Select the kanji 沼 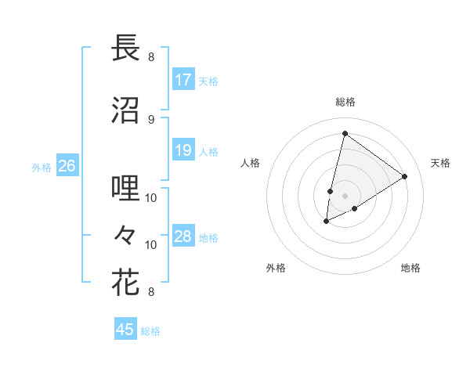click(x=125, y=110)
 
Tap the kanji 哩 click(x=125, y=188)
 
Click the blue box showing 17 click(x=183, y=80)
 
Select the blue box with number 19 click(x=183, y=150)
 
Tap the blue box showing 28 click(x=183, y=237)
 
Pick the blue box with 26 click(x=67, y=166)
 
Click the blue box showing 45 click(x=125, y=330)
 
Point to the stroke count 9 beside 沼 click(x=151, y=120)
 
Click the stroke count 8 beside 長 click(x=151, y=56)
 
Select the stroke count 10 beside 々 click(x=151, y=244)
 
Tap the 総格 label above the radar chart click(x=345, y=102)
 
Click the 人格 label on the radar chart click(x=251, y=163)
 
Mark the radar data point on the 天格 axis click(x=404, y=176)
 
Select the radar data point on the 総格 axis click(x=345, y=133)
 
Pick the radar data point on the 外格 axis click(x=327, y=222)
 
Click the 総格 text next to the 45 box click(x=150, y=331)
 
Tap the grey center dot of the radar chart click(x=345, y=196)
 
